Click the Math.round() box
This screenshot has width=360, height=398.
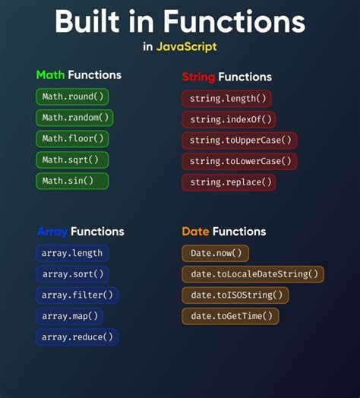[71, 96]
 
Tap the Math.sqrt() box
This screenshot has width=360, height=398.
[71, 160]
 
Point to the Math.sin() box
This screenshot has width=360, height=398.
[71, 182]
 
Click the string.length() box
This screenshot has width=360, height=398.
[226, 99]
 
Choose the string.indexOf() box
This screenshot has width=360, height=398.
[228, 119]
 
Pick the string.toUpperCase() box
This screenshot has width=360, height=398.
[238, 141]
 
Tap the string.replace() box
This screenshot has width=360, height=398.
[228, 183]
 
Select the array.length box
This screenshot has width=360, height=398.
[72, 253]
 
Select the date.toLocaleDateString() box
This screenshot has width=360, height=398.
[252, 274]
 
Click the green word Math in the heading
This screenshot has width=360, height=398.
[50, 75]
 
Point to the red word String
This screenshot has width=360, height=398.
[198, 77]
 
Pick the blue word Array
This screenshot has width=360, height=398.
[51, 232]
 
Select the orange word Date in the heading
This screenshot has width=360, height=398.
[195, 232]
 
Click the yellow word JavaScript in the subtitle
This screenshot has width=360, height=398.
[186, 47]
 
